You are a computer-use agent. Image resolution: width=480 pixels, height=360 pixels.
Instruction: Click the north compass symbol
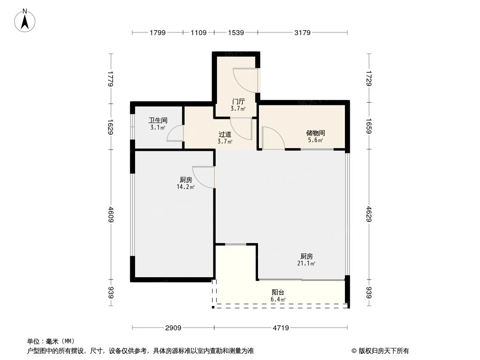pos(25,20)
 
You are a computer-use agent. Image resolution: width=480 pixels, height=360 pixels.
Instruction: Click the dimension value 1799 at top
pos(158,32)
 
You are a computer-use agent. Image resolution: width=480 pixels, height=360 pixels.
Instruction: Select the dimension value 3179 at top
pos(302,32)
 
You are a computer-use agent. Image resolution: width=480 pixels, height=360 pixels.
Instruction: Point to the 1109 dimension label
pos(199,32)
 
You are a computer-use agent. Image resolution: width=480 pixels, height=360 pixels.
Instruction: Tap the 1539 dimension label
pos(236,32)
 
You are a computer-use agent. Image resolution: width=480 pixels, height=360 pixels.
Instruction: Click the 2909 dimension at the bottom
pos(172,328)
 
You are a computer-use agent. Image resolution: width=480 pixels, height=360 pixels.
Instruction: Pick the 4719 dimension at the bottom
pos(280,328)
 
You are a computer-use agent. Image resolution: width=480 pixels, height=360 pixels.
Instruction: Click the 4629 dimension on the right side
pos(369,214)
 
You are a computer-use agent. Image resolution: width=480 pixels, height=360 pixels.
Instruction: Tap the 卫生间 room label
pos(158,121)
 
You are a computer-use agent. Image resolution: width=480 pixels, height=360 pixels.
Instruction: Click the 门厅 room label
pos(238,102)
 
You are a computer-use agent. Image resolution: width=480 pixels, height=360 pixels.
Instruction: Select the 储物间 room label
pos(315,133)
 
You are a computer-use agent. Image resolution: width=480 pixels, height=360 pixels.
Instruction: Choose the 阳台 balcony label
pos(278,292)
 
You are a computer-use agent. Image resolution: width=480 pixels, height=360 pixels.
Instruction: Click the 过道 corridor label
pos(225,135)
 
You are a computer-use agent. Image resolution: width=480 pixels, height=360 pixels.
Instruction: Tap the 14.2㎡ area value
pos(185,187)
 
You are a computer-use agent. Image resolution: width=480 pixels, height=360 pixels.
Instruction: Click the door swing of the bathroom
pos(174,133)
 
